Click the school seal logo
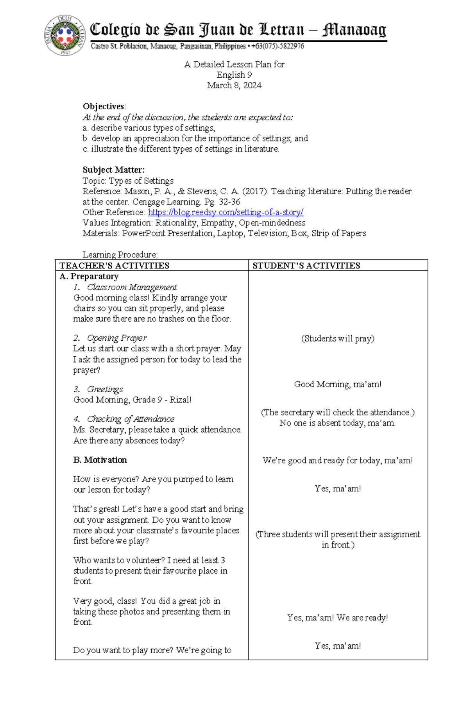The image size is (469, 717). pos(65,35)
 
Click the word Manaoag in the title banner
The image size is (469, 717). pos(354,30)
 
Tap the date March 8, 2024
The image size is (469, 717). pos(234,86)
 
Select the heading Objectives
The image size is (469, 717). pos(103,106)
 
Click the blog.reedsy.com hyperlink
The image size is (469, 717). pos(226,212)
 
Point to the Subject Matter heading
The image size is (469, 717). pos(113,170)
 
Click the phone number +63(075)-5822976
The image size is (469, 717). pos(277,46)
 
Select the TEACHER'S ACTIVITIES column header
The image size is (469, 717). pos(114,266)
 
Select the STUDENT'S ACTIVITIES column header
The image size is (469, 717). pos(306,266)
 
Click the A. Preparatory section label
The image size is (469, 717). pos(89,276)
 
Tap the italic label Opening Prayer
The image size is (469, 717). pos(116,338)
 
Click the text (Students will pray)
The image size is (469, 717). pos(338,338)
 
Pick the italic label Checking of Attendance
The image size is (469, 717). pos(131,419)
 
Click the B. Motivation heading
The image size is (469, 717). pos(100,460)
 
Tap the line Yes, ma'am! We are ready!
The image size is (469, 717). pos(338,618)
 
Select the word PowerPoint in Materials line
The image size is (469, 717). pos(144,233)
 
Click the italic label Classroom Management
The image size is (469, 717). pos(132,287)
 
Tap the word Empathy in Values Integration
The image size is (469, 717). pos(218,223)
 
